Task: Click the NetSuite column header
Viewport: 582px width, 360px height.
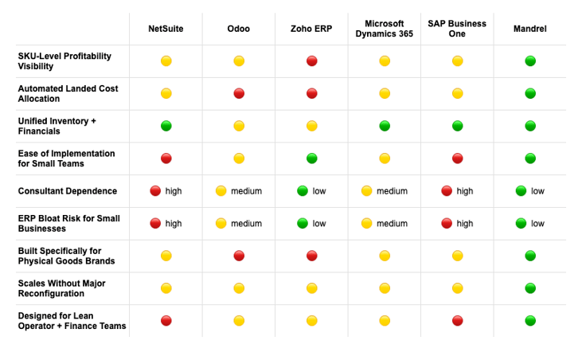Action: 166,29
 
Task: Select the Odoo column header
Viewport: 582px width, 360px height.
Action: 238,29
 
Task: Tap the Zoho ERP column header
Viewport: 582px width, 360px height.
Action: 311,29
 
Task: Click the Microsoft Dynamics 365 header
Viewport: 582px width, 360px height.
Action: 384,29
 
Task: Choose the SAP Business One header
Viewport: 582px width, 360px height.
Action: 457,29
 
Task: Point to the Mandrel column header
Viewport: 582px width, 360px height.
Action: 529,29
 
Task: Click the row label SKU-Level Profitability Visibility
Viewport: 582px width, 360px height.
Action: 64,61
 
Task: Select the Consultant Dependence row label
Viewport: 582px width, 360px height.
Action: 67,191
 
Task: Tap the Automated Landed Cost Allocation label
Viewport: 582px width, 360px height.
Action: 68,94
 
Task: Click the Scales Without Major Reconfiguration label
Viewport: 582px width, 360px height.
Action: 62,288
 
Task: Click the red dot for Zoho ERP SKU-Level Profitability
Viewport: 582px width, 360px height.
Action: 311,61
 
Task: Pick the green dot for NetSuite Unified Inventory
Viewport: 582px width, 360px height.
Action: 166,126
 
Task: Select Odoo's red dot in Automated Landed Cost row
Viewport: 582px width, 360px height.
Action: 239,93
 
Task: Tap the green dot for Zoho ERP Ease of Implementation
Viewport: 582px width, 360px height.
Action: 311,158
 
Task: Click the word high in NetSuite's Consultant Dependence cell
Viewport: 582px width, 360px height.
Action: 174,191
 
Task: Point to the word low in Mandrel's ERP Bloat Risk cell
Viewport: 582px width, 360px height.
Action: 537,224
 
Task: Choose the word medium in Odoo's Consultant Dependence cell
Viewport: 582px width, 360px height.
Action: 246,191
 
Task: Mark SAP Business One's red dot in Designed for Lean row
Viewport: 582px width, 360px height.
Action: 457,321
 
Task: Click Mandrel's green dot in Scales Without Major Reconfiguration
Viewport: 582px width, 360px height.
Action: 530,288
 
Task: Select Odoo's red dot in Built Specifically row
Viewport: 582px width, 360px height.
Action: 239,256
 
